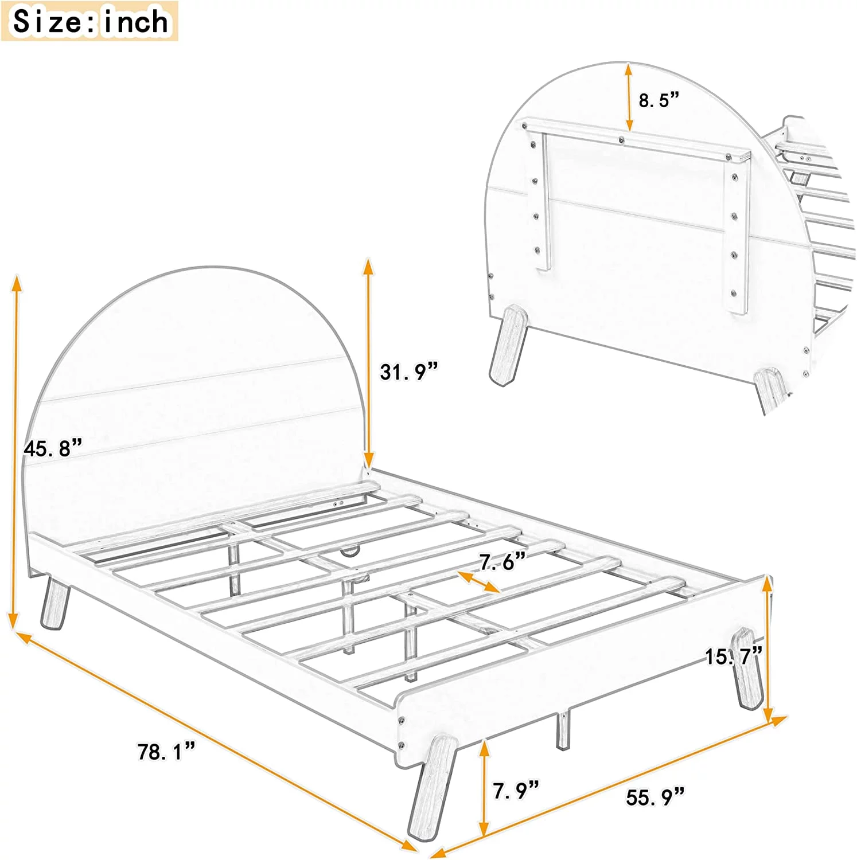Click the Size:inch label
(x=90, y=22)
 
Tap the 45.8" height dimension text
(x=53, y=448)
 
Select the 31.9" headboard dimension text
(x=408, y=372)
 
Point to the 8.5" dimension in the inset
(x=659, y=100)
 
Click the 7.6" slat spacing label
(x=502, y=562)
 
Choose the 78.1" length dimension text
(x=166, y=752)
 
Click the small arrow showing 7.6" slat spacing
(x=479, y=582)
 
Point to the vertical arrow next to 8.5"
(x=629, y=97)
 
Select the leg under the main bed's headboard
(x=56, y=604)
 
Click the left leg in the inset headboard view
(x=507, y=344)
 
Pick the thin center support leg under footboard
(x=563, y=730)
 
